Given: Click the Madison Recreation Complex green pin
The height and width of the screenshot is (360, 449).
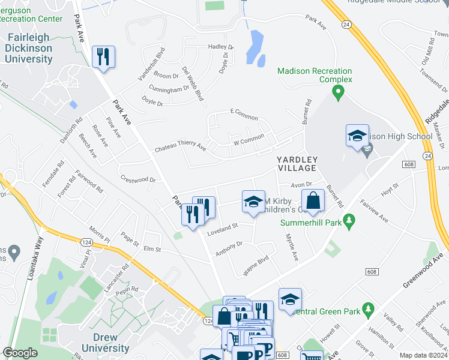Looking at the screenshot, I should pos(337,93).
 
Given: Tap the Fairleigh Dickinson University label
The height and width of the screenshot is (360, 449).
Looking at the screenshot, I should pos(29,49).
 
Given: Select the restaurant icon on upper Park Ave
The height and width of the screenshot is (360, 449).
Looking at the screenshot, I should pos(103,57).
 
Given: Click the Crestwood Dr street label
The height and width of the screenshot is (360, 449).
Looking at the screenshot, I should pos(137,179).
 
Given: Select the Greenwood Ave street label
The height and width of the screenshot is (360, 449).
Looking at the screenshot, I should pos(423,269).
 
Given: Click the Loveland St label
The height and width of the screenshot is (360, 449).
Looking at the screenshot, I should pos(223,227).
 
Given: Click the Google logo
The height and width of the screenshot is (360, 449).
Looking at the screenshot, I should pos(20,353).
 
